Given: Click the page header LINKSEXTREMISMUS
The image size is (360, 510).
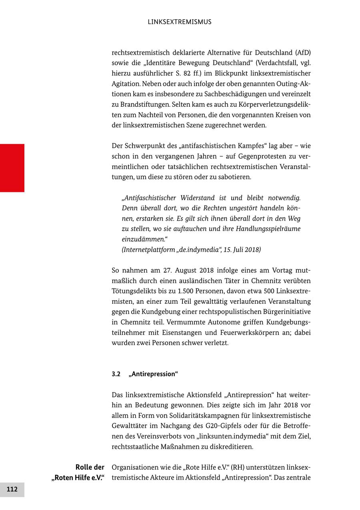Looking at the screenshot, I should click(x=180, y=22).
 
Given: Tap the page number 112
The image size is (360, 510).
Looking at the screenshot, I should click(x=12, y=489).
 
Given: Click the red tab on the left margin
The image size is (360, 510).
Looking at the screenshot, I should click(x=12, y=168).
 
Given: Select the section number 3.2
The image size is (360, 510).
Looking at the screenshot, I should click(x=116, y=374).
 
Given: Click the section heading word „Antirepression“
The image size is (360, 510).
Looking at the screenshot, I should click(x=153, y=374).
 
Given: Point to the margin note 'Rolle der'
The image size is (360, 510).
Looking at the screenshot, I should click(x=90, y=467).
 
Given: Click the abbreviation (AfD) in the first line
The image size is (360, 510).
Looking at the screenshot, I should click(x=303, y=53).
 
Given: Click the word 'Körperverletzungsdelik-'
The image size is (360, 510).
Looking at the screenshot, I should click(x=273, y=105).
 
